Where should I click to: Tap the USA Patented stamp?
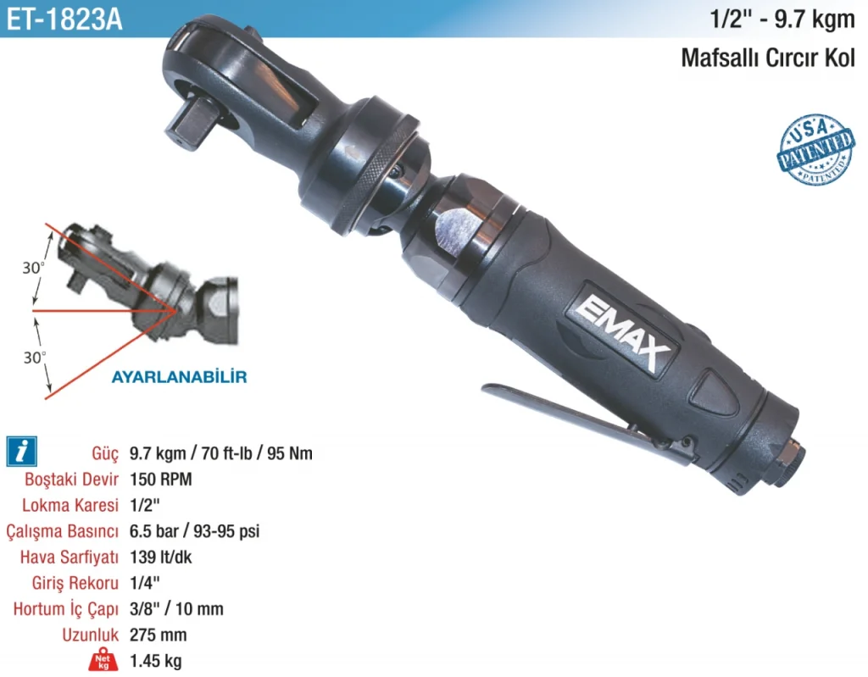point(815,149)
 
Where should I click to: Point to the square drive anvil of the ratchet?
point(190,125)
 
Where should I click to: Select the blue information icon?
point(21,451)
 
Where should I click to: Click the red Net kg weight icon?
point(103,658)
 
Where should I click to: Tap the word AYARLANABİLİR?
point(180,377)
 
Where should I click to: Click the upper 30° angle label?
point(33,268)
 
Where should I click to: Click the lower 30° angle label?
point(34,358)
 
